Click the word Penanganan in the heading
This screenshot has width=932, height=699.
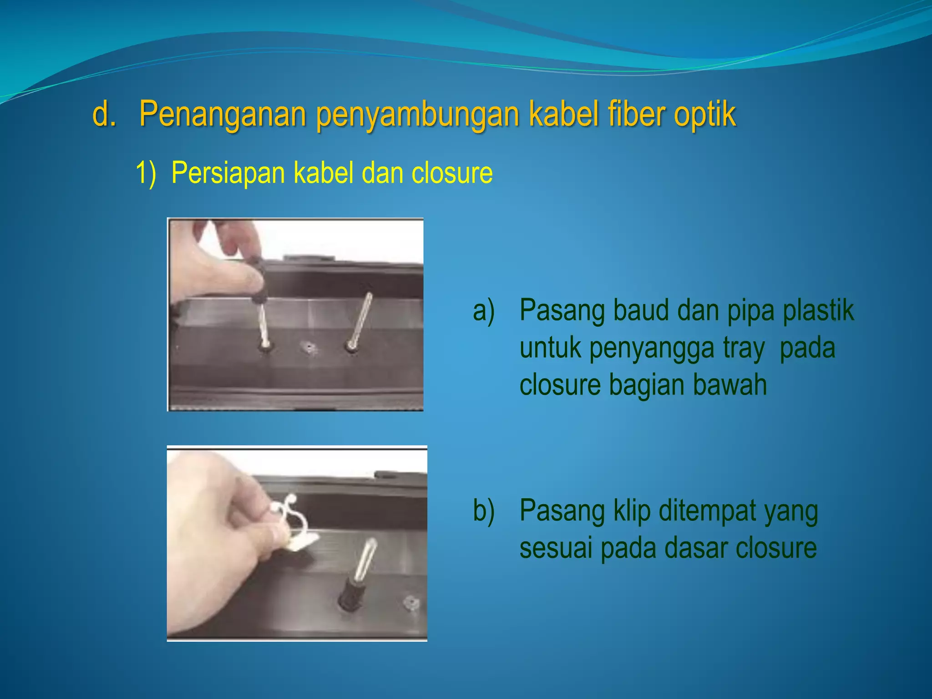coord(222,114)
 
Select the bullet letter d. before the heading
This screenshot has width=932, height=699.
coord(104,114)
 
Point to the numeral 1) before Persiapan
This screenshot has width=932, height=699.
coord(146,173)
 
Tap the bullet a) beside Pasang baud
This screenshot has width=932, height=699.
coord(483,311)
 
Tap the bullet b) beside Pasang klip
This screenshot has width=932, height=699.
coord(483,511)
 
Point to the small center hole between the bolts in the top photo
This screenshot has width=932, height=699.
coord(309,348)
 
